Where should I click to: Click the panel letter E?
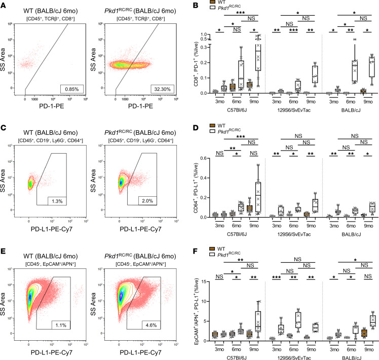(5, 249)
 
